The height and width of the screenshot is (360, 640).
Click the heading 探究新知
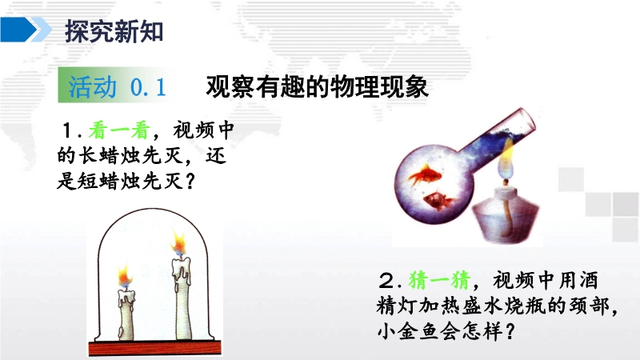[x=114, y=31]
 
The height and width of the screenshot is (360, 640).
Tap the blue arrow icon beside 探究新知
[x=26, y=30]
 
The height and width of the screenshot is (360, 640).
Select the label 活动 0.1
[x=117, y=86]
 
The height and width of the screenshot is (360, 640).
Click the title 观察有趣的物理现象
[x=317, y=86]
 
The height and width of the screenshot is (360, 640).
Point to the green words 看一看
[x=119, y=130]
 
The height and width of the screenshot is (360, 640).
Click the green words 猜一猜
[x=439, y=280]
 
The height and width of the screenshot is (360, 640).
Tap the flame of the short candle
[x=125, y=276]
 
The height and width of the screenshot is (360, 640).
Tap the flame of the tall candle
[x=178, y=243]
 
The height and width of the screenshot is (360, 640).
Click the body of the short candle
[x=126, y=315]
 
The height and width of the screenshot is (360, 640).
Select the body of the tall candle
[x=182, y=298]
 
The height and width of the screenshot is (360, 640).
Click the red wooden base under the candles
[x=155, y=348]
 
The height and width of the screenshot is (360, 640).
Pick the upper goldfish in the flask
[x=425, y=174]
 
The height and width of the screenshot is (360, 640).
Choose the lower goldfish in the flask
[x=438, y=200]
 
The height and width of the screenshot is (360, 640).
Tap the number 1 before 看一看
[x=68, y=131]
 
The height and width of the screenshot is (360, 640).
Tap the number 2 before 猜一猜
[x=386, y=281]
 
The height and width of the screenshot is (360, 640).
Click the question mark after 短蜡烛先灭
[x=190, y=182]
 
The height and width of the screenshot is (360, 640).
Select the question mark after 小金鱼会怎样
[x=510, y=331]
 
